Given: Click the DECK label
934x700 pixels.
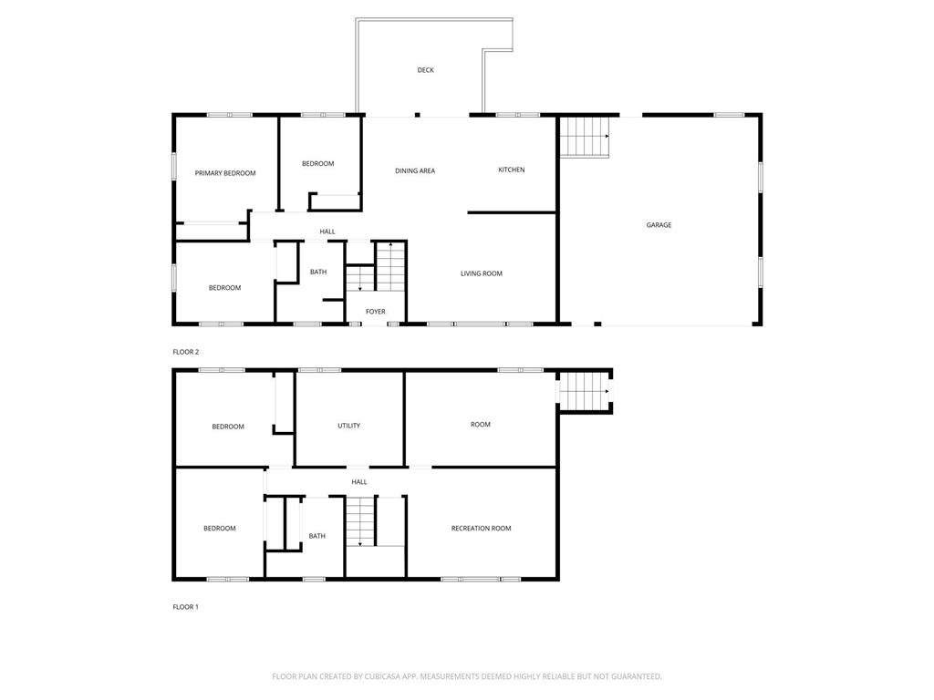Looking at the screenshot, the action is (x=425, y=70).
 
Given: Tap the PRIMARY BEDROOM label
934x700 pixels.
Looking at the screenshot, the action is (x=225, y=173).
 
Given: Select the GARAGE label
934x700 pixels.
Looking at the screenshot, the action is (x=659, y=225).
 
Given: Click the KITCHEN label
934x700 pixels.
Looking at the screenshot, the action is (x=512, y=170).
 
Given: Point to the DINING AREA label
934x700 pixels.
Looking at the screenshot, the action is (x=415, y=170).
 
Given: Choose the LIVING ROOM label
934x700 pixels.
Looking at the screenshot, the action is (x=482, y=273).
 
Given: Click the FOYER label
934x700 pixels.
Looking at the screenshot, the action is (x=375, y=312).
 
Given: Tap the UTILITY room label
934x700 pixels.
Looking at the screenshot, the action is (x=349, y=426).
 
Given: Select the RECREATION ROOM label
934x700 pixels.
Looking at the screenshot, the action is (x=482, y=528).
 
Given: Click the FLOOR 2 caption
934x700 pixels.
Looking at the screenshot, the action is (x=186, y=352).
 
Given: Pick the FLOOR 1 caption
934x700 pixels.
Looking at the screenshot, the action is (x=185, y=607).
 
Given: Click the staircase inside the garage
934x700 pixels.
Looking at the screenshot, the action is (x=585, y=137).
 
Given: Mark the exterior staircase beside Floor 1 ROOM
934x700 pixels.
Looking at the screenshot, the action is (x=585, y=391).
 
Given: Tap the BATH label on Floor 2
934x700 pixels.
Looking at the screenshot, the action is (x=318, y=272).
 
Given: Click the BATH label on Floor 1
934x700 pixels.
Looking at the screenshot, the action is (x=317, y=536).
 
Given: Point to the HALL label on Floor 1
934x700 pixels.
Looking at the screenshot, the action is (x=359, y=482).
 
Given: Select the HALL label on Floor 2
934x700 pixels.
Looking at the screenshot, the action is (x=327, y=232).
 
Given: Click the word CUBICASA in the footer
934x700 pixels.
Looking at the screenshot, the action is (x=384, y=676).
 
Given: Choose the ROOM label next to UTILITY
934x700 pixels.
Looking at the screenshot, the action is (x=481, y=425).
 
